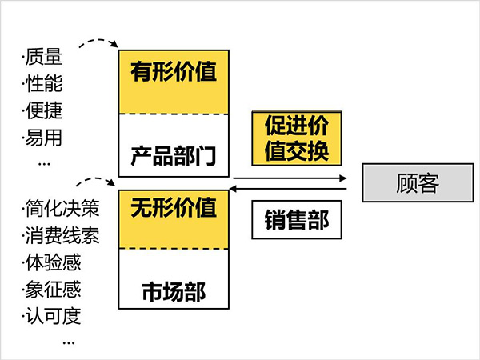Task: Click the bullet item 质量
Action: tap(43, 58)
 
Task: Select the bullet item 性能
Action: tap(43, 84)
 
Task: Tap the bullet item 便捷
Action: tap(43, 110)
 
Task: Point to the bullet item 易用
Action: tap(43, 137)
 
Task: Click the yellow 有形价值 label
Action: tap(174, 74)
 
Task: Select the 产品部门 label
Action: tap(174, 152)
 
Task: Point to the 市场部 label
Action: tap(174, 290)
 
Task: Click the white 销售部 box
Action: tap(296, 218)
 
